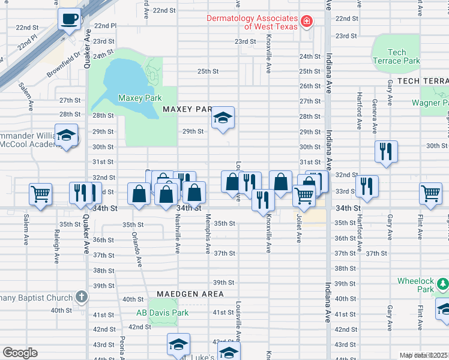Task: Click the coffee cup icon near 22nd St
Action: (70, 19)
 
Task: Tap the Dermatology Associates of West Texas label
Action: (252, 22)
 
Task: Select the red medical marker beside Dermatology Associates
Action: (307, 22)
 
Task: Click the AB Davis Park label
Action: (162, 313)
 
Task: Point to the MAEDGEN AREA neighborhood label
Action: (190, 294)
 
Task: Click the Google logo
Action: (20, 352)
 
